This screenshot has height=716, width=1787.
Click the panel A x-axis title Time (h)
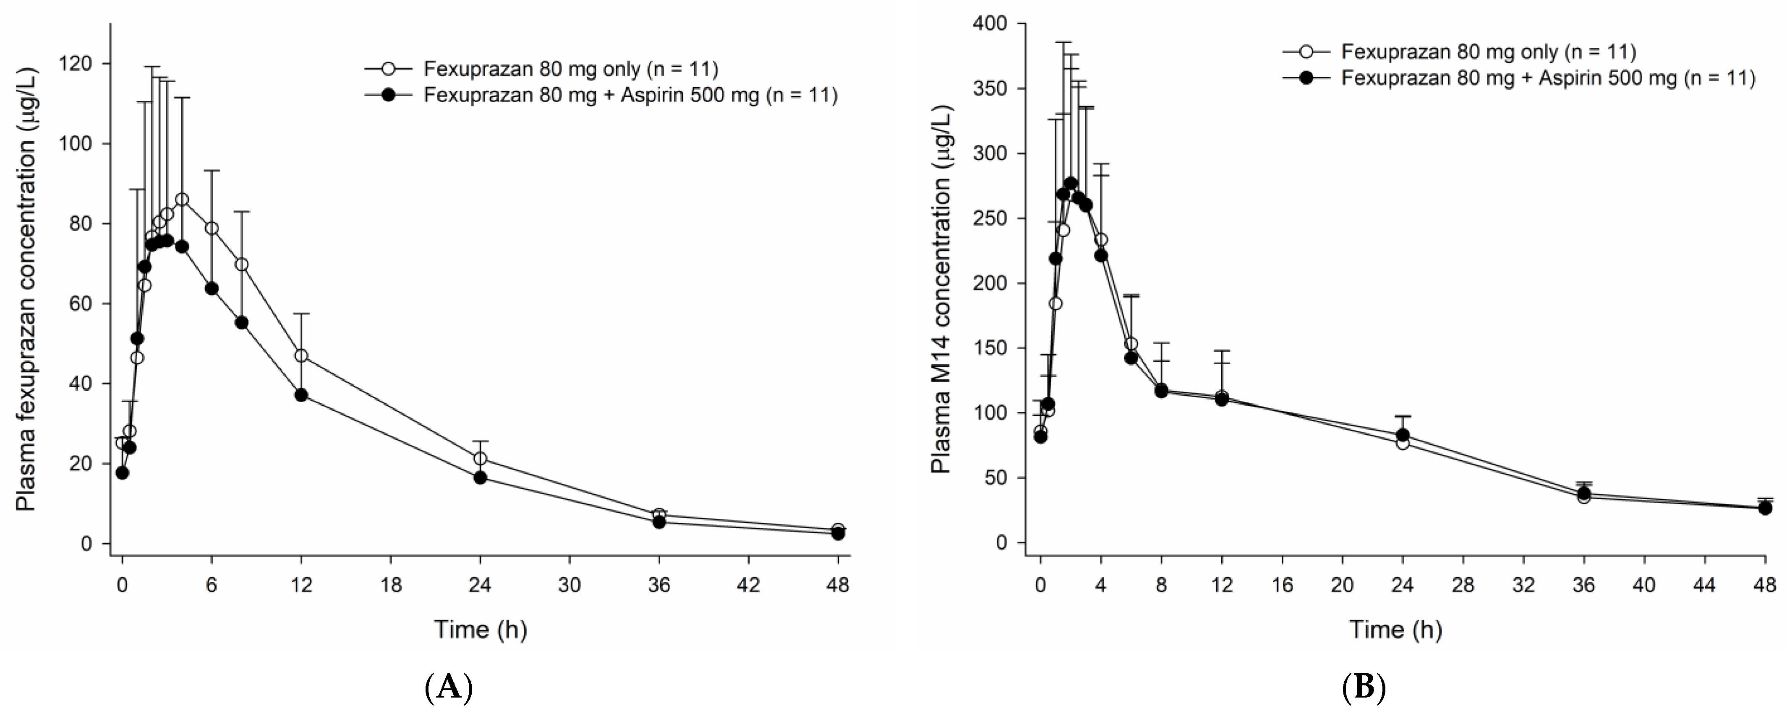(480, 629)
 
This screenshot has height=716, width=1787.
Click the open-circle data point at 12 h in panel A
(301, 355)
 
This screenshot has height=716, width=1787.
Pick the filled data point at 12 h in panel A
(301, 395)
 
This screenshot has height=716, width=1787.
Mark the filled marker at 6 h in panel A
(212, 288)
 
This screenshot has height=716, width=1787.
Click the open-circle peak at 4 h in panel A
(182, 200)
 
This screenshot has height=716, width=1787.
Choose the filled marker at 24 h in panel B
(1403, 435)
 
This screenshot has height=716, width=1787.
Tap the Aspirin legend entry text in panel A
(630, 95)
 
